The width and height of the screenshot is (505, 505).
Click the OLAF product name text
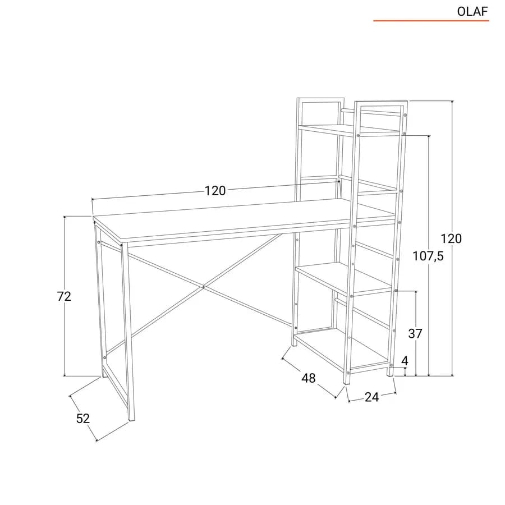[472, 12]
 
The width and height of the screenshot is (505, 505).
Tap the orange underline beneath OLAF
[431, 21]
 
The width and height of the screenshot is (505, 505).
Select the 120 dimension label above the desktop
[215, 191]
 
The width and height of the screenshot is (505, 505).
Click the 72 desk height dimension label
[64, 296]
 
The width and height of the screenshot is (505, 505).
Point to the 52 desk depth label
[83, 419]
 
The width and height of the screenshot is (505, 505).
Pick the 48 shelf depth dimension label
[308, 378]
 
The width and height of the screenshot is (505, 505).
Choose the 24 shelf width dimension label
[371, 397]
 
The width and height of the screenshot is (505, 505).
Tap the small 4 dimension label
[405, 361]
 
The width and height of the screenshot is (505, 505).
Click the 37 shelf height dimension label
[415, 334]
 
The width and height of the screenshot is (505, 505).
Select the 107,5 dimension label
[428, 256]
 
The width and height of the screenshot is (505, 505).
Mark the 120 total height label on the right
[451, 238]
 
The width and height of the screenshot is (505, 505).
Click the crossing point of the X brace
[204, 287]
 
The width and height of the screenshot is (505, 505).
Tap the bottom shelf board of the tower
[341, 350]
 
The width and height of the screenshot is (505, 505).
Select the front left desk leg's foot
[131, 417]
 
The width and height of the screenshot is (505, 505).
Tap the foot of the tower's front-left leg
[347, 382]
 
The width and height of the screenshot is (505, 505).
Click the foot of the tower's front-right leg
[391, 373]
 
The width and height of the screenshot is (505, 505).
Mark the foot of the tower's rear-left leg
[295, 343]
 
